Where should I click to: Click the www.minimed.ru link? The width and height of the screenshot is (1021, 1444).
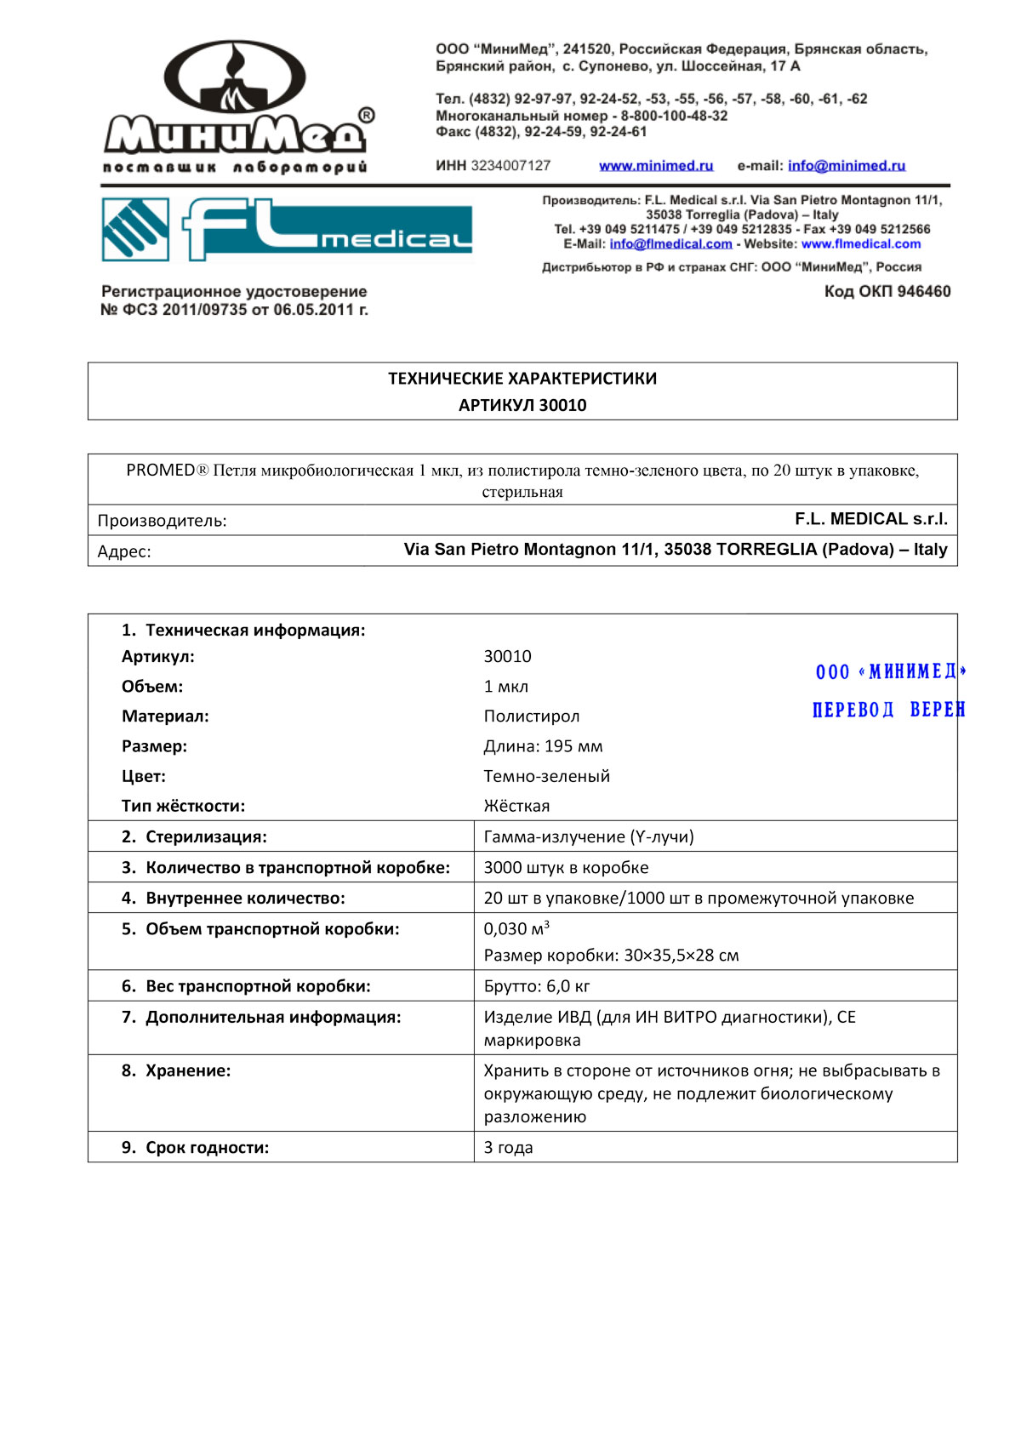click(x=656, y=166)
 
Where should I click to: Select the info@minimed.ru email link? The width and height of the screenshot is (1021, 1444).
click(x=846, y=166)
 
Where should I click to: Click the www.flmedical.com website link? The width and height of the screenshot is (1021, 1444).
click(x=860, y=244)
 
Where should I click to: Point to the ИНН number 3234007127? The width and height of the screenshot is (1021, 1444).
click(x=510, y=166)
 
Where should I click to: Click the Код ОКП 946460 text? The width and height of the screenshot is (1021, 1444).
click(x=887, y=292)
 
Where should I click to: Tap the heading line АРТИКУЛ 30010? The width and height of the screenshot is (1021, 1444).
click(x=522, y=405)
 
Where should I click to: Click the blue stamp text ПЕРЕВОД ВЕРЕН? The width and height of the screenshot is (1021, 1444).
click(x=887, y=710)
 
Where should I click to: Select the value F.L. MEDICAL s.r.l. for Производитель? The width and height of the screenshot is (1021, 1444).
click(x=870, y=519)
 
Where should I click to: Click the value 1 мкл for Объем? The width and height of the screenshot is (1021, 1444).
click(x=506, y=687)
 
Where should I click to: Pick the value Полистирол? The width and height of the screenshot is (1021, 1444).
click(x=532, y=716)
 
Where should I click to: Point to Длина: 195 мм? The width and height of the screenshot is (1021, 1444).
click(x=543, y=746)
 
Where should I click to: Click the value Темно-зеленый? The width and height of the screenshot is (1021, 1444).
click(x=547, y=776)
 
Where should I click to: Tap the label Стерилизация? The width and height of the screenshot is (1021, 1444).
click(x=206, y=836)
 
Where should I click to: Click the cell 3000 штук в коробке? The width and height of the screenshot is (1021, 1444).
click(x=566, y=867)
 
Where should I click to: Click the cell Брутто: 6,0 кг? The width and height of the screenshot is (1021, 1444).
click(x=537, y=986)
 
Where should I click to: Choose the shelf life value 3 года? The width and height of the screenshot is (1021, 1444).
click(x=508, y=1147)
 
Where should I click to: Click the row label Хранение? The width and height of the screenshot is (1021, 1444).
click(x=188, y=1070)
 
